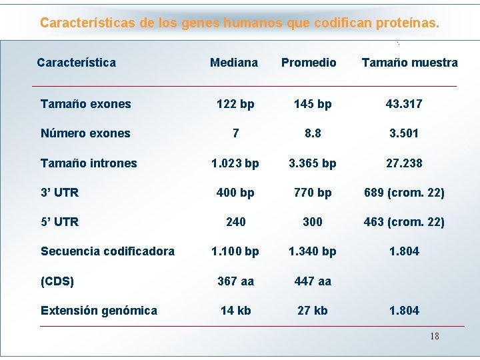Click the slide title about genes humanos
tap(239, 23)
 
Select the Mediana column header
tap(233, 63)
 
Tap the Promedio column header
tap(309, 63)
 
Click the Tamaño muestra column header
tap(409, 63)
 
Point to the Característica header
tap(76, 63)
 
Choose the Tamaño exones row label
tap(85, 104)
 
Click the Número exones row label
tap(85, 133)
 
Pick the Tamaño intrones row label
tap(89, 163)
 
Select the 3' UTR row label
tap(59, 193)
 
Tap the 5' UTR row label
tap(59, 222)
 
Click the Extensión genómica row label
tap(99, 311)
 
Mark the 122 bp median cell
tap(235, 104)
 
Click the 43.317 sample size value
tap(404, 104)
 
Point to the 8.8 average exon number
tap(312, 133)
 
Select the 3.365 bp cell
tap(312, 163)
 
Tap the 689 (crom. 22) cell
tap(404, 193)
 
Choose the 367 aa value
tap(235, 281)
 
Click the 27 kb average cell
tap(312, 311)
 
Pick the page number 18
tap(434, 336)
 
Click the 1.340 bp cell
tap(312, 251)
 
